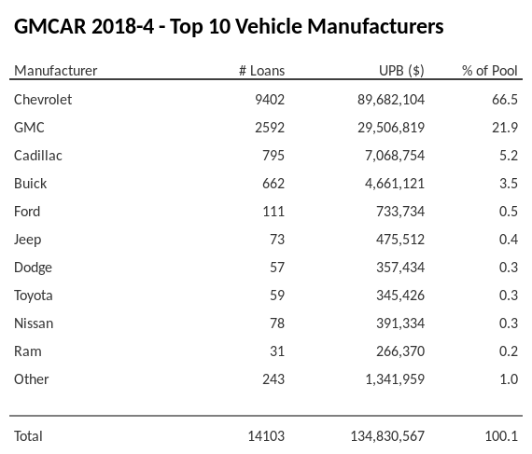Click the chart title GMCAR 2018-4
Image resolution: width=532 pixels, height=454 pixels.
point(229,26)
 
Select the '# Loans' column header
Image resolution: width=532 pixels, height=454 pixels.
point(261,71)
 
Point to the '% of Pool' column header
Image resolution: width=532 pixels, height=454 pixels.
point(490,71)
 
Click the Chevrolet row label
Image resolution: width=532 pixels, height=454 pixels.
point(43,100)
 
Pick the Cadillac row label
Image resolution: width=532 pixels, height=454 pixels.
point(38,156)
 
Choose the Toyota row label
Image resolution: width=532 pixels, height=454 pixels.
point(34,296)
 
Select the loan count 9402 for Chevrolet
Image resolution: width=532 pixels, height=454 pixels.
point(269,100)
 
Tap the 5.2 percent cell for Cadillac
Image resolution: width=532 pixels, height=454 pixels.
point(509,156)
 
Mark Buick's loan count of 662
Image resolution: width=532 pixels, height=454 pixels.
point(273,184)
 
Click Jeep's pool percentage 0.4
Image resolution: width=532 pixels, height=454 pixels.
point(509,240)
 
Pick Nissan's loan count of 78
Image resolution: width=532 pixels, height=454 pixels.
point(276,323)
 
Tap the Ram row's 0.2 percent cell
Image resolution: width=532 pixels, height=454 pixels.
point(509,351)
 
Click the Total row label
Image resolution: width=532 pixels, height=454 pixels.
point(29,435)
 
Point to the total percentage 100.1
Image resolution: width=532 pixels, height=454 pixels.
point(504,435)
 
